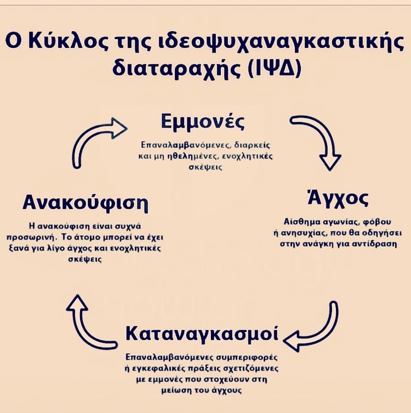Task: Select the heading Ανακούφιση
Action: [85, 203]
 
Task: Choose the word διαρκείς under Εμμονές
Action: [251, 146]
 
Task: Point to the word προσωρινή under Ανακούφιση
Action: [48, 236]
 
